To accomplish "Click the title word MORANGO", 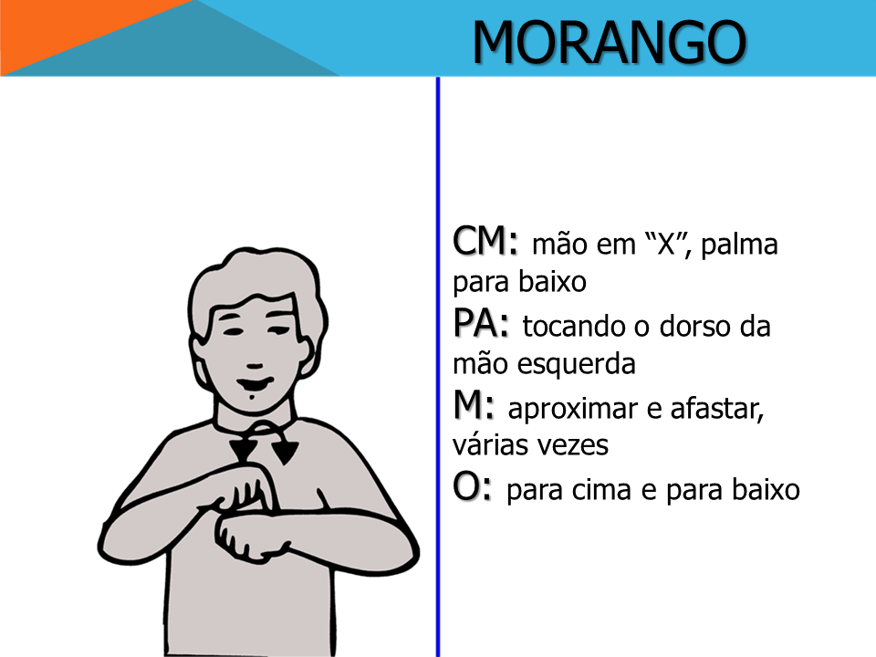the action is [609, 42].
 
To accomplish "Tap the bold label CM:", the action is [485, 241].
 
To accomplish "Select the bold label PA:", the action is [481, 323].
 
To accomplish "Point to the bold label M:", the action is [474, 405].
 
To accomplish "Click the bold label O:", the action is [472, 486].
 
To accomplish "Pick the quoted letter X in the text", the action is [666, 245].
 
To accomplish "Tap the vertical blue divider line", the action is [438, 367].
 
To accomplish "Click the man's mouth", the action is [255, 385].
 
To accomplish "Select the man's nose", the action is [255, 367].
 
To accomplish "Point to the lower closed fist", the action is [252, 537].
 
